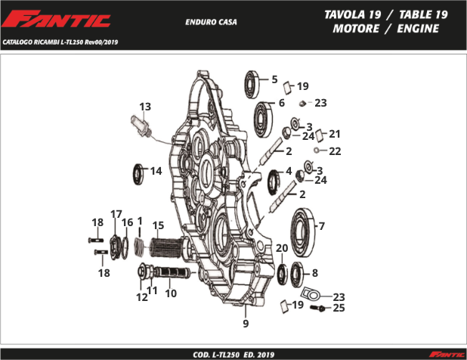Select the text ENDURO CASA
pos(211,22)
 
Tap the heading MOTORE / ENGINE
pos(385,29)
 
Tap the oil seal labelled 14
pos(139,173)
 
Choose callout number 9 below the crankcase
pos(246,324)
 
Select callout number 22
pos(335,151)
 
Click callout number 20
pos(281,248)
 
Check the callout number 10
pos(171,293)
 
